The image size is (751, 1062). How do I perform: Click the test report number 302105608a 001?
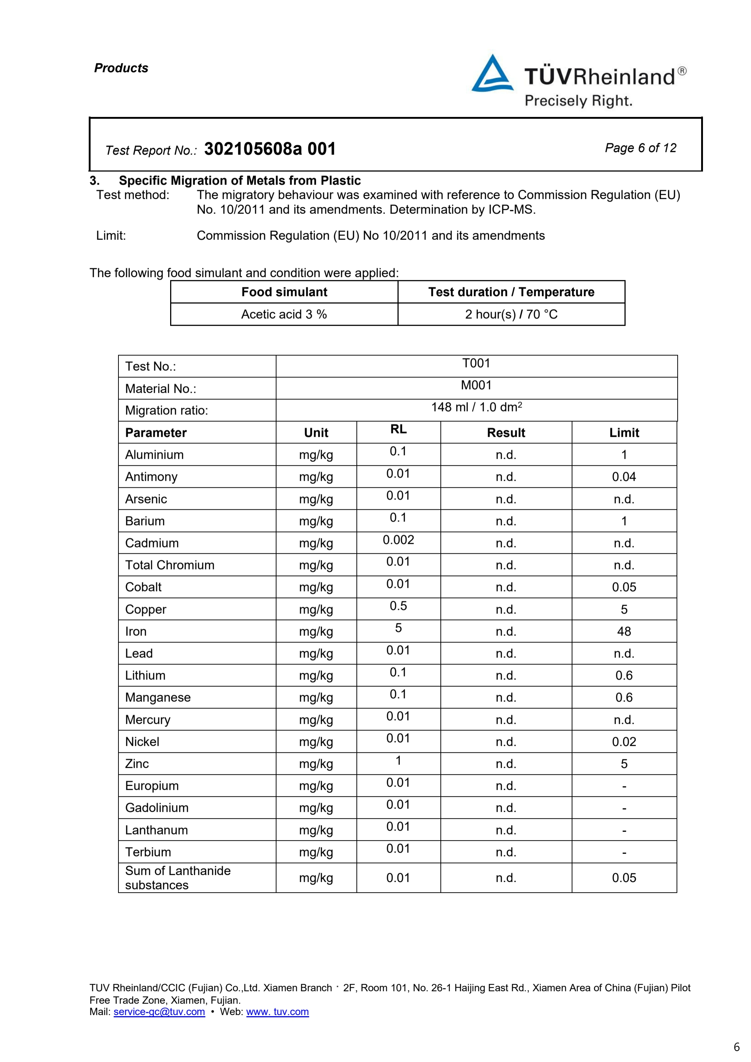(270, 149)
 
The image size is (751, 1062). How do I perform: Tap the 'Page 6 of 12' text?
(640, 148)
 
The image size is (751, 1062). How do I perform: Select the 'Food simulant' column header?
(284, 292)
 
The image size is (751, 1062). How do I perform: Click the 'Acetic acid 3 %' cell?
(284, 314)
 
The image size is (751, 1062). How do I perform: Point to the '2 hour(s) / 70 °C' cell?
(511, 314)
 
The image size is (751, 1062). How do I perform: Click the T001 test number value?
(476, 364)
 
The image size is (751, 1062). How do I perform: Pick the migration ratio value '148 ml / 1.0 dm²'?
(476, 408)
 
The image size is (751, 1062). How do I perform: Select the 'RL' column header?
(398, 430)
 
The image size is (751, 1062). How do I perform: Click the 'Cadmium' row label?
(152, 543)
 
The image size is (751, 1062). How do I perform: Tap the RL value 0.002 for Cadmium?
(398, 540)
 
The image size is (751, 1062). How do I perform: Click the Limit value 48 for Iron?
(624, 631)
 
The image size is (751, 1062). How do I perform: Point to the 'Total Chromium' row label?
(170, 565)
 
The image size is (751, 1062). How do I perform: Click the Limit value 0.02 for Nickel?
(624, 742)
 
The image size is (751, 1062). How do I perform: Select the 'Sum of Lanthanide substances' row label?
(178, 878)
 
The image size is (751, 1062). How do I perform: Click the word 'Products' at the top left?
(121, 68)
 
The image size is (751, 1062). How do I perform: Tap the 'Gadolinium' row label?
(157, 808)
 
